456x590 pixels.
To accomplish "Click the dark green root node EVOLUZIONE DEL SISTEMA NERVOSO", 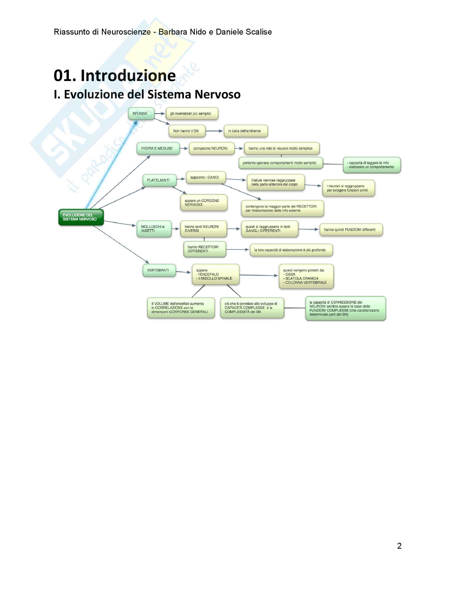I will (x=81, y=217).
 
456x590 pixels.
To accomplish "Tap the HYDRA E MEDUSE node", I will (x=158, y=148).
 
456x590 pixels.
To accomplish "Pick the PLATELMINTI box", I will (x=159, y=180).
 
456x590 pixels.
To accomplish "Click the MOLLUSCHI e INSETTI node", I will (x=154, y=229).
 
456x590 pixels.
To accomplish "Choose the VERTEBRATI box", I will (x=159, y=270).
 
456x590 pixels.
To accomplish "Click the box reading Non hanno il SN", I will (x=187, y=131).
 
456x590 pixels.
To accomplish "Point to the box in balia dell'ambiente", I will (x=245, y=131).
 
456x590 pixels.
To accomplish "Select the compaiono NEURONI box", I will (x=212, y=148).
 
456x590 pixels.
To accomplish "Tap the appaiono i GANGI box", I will (x=205, y=177).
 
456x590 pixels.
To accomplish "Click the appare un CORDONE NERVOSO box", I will (x=204, y=202).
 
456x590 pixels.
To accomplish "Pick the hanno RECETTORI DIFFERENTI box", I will (x=204, y=249).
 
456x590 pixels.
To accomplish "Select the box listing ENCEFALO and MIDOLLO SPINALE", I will (x=216, y=274).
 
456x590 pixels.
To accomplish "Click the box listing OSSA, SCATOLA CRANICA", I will (x=306, y=276).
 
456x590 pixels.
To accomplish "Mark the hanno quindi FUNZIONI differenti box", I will (x=351, y=230).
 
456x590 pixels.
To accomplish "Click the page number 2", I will (x=399, y=546).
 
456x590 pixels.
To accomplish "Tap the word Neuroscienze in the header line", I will (x=126, y=32).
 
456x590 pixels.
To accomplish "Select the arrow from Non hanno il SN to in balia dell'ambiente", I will (x=214, y=131).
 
